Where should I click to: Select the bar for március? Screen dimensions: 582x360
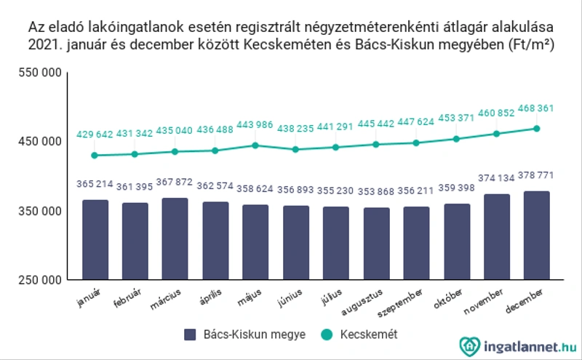(175, 239)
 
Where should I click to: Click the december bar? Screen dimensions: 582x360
(537, 236)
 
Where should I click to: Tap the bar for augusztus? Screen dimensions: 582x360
(376, 244)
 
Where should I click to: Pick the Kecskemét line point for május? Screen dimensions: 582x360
(255, 145)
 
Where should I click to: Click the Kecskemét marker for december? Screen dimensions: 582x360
(537, 129)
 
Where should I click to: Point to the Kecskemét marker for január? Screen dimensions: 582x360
(95, 155)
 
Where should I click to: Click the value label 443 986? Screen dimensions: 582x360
(255, 124)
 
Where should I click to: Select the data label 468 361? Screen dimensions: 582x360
(535, 108)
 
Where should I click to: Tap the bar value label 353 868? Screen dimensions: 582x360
(376, 191)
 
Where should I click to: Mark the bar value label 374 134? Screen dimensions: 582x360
(496, 178)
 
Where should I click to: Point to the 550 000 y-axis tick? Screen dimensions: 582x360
(40, 73)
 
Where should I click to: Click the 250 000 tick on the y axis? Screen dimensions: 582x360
(40, 280)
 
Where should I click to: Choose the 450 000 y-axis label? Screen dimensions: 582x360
(40, 141)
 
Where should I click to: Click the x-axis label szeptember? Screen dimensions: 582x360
(399, 303)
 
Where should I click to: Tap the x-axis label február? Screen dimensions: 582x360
(127, 297)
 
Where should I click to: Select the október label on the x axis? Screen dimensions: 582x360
(448, 298)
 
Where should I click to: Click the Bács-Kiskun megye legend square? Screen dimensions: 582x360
(190, 335)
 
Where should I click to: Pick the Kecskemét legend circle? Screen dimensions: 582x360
(327, 335)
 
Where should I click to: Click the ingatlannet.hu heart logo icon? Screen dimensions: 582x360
(469, 347)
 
